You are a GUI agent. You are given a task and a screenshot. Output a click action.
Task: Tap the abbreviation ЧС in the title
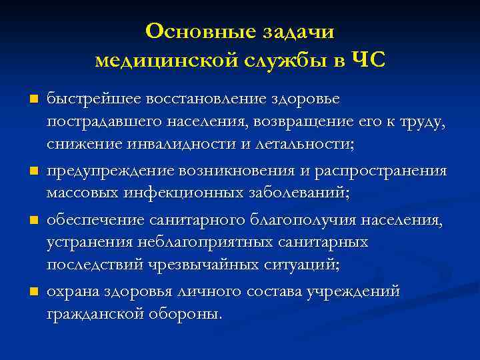(368, 61)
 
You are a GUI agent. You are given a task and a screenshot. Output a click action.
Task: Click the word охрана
(74, 291)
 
